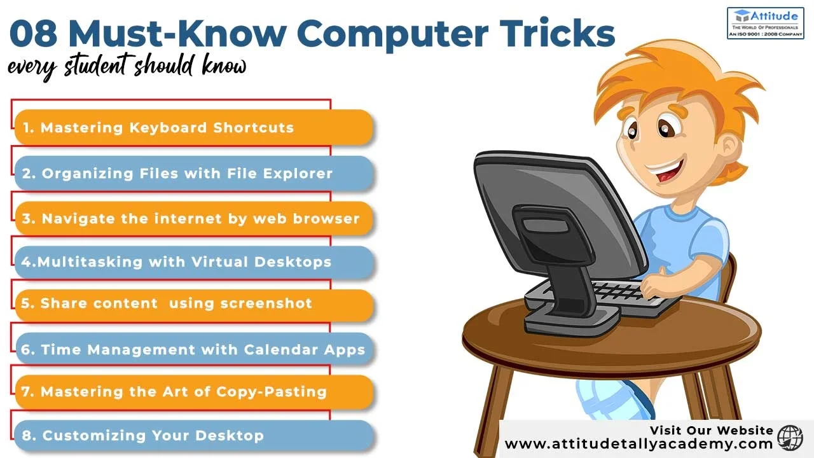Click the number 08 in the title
point(33,34)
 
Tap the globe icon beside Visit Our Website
point(790,438)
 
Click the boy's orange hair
point(687,76)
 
